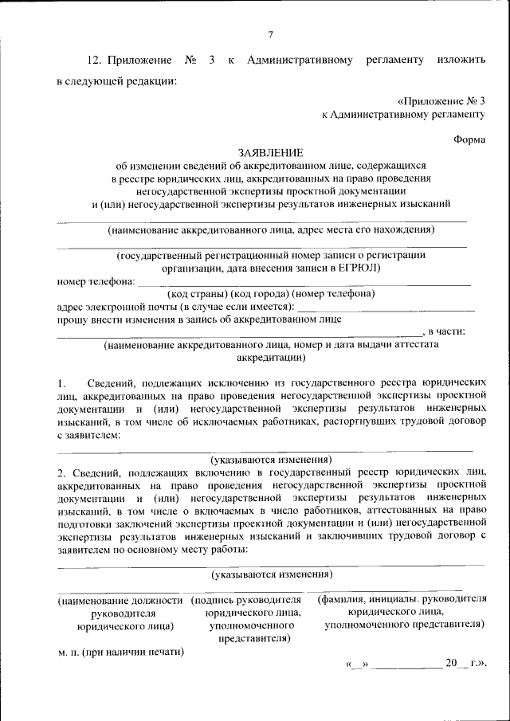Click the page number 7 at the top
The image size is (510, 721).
pos(270,34)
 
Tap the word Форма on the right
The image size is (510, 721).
pos(469,138)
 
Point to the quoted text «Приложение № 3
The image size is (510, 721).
pos(441,101)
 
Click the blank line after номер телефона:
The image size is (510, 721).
pos(303,282)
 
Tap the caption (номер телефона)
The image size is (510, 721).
pos(338,294)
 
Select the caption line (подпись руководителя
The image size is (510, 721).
pos(247,600)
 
